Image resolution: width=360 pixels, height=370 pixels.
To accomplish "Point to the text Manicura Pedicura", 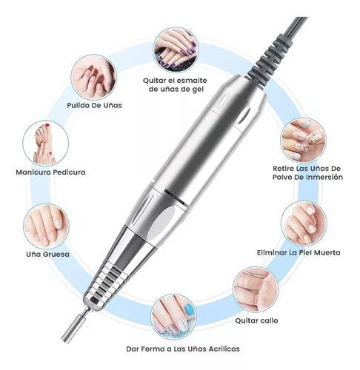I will pyautogui.click(x=50, y=172).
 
